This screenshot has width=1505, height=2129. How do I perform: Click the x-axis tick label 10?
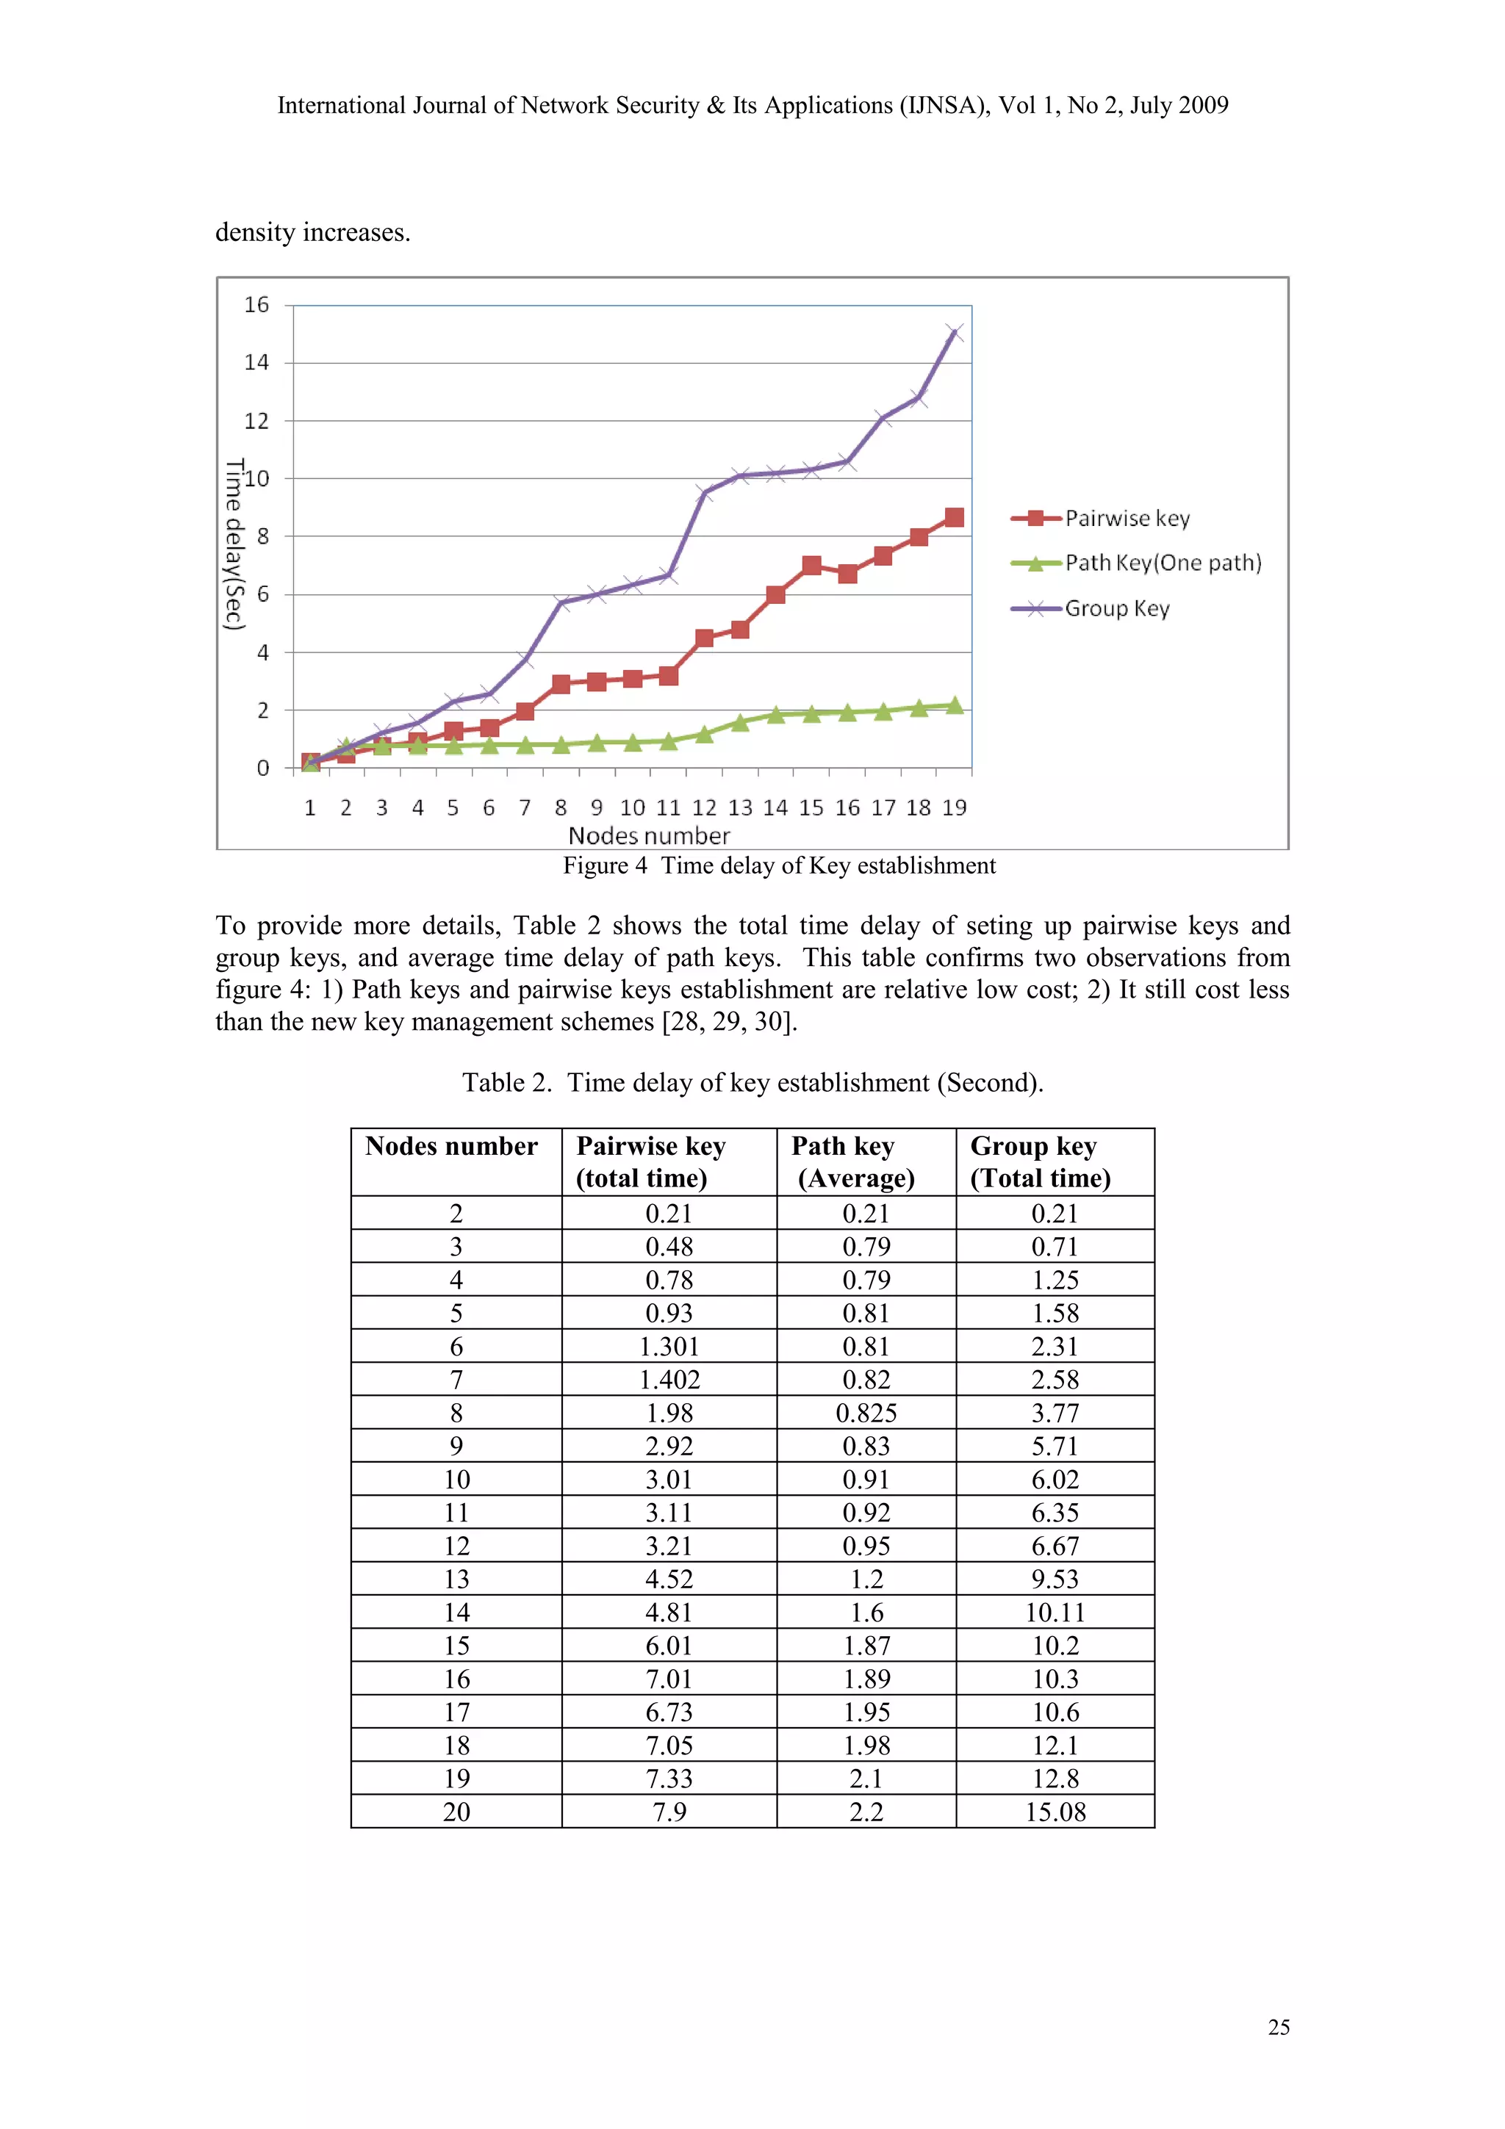pyautogui.click(x=633, y=807)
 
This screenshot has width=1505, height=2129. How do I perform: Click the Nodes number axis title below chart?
pyautogui.click(x=648, y=835)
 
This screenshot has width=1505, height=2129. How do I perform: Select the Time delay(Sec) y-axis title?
pyautogui.click(x=234, y=544)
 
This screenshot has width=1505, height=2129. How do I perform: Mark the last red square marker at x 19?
pyautogui.click(x=954, y=517)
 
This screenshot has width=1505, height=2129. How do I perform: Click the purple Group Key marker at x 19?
pyautogui.click(x=954, y=332)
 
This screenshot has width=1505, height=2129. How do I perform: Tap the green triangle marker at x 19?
pyautogui.click(x=954, y=706)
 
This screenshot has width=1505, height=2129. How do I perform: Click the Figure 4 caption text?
pyautogui.click(x=779, y=865)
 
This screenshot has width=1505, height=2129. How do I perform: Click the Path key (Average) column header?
pyautogui.click(x=853, y=1162)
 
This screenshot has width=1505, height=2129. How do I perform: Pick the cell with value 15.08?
pyautogui.click(x=1055, y=1812)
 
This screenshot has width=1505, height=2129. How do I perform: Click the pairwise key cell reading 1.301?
pyautogui.click(x=669, y=1347)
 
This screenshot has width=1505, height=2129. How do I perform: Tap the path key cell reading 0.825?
pyautogui.click(x=866, y=1413)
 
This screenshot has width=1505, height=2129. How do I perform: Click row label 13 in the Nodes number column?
pyautogui.click(x=456, y=1579)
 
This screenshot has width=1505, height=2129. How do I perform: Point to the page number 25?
pyautogui.click(x=1278, y=2027)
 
